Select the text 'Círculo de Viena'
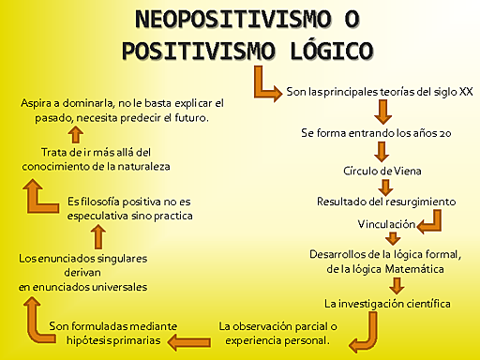[x=383, y=172]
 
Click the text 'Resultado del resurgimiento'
[x=385, y=202]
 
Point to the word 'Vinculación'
[x=384, y=225]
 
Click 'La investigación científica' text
[x=387, y=304]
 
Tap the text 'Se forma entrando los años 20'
[x=377, y=133]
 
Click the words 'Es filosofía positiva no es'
[x=129, y=201]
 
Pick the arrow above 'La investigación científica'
[x=397, y=285]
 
